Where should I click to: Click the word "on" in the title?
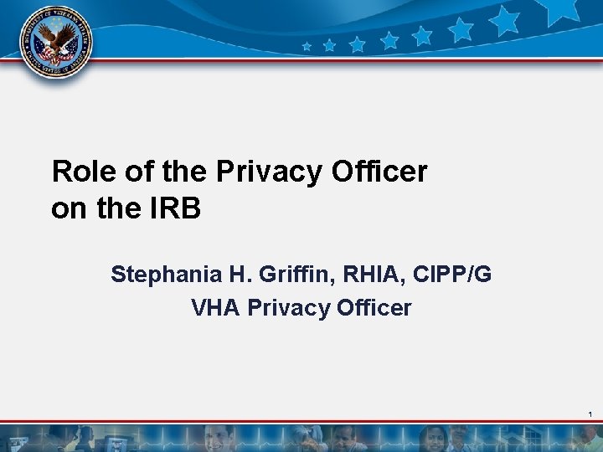point(69,208)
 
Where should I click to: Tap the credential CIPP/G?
point(454,275)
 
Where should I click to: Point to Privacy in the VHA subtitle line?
point(287,308)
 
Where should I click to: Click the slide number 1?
point(590,415)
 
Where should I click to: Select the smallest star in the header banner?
point(307,47)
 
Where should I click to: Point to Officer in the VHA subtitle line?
point(374,308)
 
